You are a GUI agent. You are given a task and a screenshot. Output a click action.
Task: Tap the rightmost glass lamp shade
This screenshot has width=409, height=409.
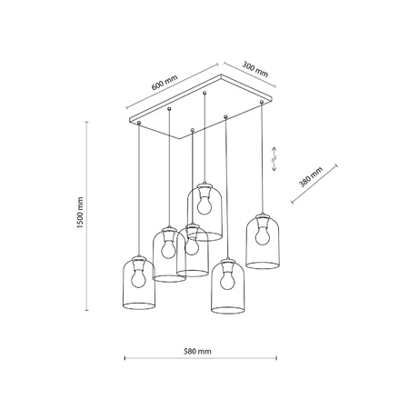264,241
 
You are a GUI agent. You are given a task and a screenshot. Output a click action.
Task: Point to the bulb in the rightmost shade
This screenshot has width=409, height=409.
264,234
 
